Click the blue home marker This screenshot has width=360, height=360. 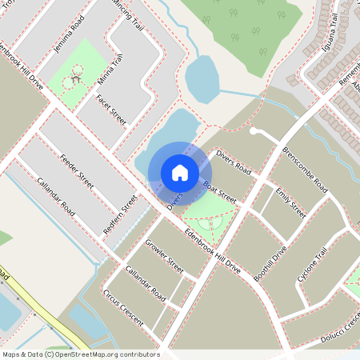point(180,172)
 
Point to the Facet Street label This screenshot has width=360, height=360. point(110,111)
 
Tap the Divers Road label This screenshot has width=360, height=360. point(234,161)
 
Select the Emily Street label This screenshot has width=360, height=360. point(290,202)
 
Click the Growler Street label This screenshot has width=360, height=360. point(165,254)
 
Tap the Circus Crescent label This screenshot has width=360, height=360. point(123,307)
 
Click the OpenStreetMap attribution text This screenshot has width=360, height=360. point(80,354)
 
